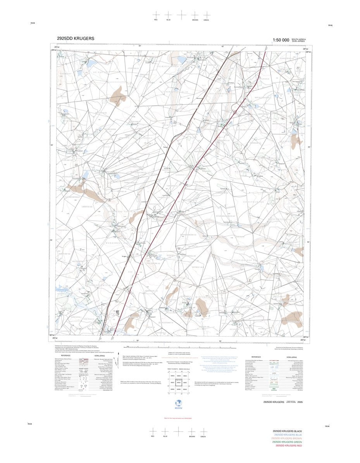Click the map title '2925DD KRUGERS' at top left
(75, 38)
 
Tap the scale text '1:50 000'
(281, 40)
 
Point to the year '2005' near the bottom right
(297, 403)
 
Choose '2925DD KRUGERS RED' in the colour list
(288, 446)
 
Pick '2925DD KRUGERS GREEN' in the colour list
(287, 442)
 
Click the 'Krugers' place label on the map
(125, 256)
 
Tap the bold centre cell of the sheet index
(179, 382)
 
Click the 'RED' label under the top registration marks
(156, 20)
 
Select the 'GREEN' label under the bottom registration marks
(203, 437)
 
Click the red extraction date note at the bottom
(179, 418)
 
